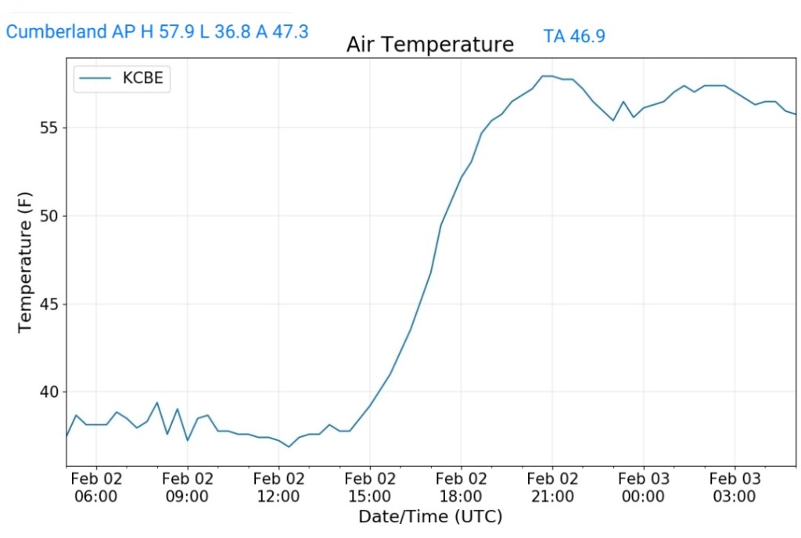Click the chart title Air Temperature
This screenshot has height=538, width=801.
point(429,45)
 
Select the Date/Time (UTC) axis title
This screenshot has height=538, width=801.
point(429,517)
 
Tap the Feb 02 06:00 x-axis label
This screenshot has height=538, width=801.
point(96,487)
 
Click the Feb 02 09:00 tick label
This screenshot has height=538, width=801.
point(188,487)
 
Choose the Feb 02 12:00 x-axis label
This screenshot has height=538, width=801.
point(278,487)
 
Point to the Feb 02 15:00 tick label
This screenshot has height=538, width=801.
point(370,487)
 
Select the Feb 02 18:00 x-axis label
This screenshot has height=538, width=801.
point(461,487)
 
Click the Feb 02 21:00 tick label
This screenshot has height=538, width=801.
point(552,487)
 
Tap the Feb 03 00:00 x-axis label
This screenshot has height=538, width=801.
point(643,487)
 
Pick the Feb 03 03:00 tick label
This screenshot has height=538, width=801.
point(735,487)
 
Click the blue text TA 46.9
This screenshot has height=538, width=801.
point(574,36)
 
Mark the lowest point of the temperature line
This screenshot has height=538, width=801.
point(289,446)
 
